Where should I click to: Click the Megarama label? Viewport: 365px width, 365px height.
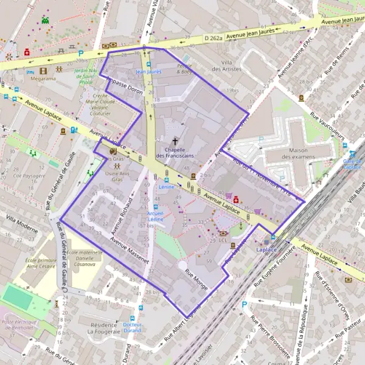(43, 78)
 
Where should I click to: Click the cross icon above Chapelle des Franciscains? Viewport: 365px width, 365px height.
(175, 140)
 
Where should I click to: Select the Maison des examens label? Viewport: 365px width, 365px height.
(290, 154)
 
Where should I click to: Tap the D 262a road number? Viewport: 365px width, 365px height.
(214, 38)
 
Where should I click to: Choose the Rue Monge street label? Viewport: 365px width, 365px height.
(197, 279)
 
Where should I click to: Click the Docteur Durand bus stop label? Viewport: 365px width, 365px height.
(132, 327)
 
